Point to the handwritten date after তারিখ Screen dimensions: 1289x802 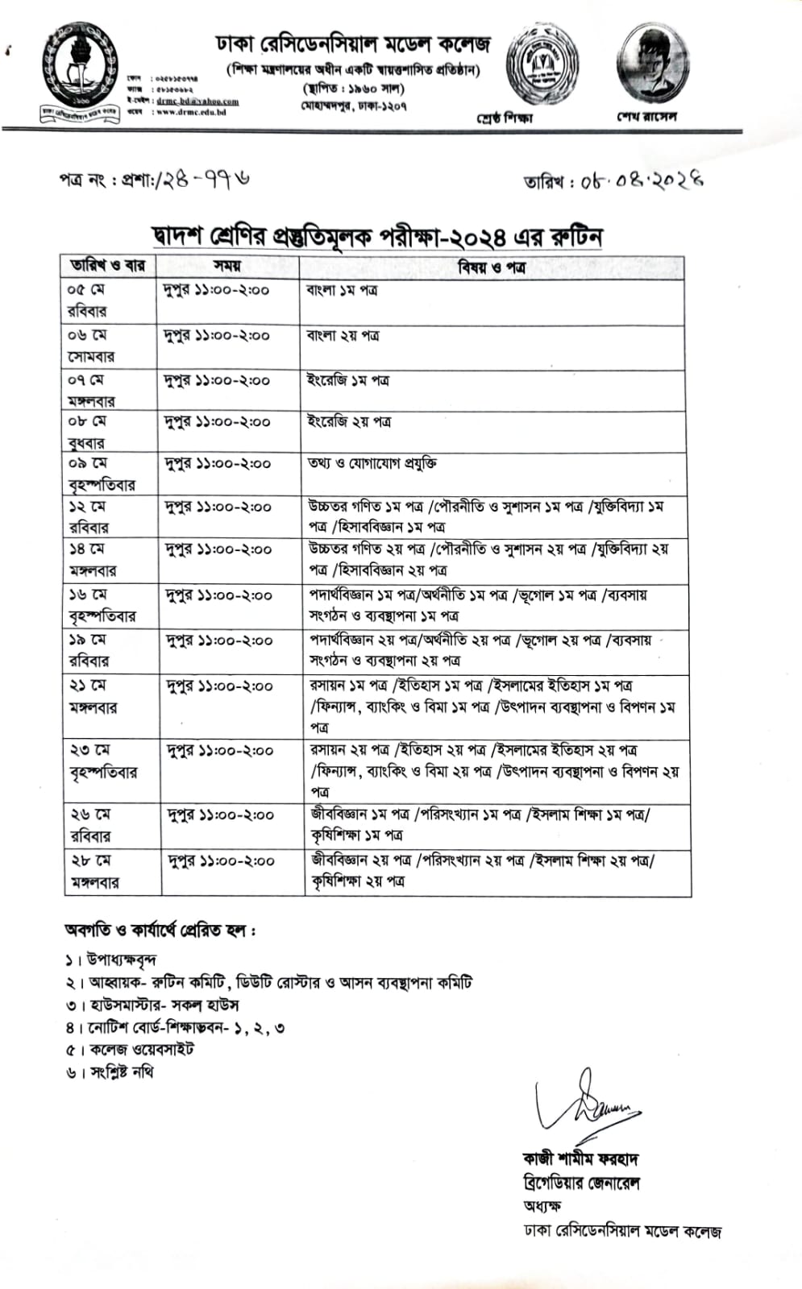(641, 180)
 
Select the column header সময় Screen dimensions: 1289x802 (227, 267)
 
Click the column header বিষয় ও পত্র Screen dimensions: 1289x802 (492, 267)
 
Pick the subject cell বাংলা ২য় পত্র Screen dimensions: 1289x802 (343, 336)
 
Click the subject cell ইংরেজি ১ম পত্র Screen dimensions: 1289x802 (348, 380)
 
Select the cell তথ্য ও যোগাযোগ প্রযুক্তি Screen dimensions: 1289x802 (372, 464)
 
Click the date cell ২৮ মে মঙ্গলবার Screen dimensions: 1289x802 (94, 872)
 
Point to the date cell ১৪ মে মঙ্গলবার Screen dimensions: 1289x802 (92, 560)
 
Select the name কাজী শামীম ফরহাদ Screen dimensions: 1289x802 (580, 1159)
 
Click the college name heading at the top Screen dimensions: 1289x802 (352, 44)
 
